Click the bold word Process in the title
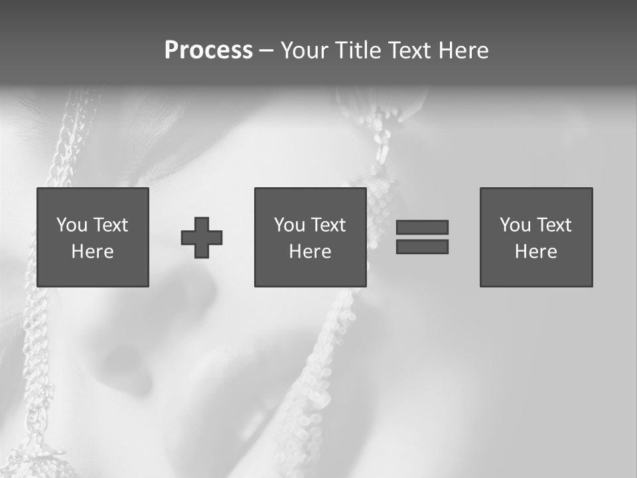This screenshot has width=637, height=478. coord(208,50)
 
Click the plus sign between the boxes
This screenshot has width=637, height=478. coord(202,238)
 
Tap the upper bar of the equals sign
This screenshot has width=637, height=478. coord(422,227)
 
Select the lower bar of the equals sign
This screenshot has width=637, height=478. coord(422,247)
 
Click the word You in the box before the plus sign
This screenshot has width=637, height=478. coord(72,225)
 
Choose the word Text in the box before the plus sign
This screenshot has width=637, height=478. coord(109,225)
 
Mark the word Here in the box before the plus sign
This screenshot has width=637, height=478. coord(92,252)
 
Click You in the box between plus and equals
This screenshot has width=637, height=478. coord(289,225)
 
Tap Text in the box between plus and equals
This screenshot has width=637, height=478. coord(327,225)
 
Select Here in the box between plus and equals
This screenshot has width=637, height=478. coord(310,252)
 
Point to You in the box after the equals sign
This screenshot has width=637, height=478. coord(515,225)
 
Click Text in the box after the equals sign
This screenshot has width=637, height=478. coord(553,225)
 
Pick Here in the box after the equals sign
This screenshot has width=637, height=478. coord(535,252)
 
